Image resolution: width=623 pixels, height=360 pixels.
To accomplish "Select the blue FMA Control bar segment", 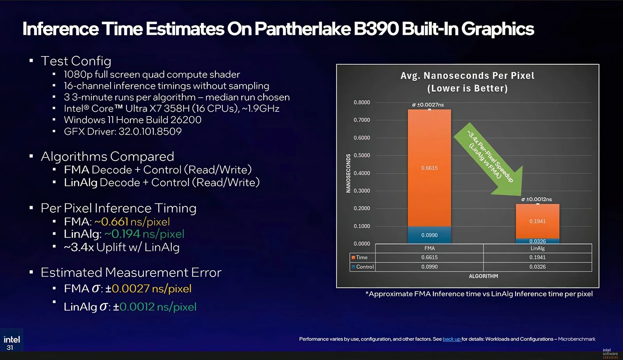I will click(429, 235).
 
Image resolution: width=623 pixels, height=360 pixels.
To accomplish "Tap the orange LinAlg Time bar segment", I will click(537, 221).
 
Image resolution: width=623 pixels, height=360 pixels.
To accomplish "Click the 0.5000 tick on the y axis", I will click(362, 155).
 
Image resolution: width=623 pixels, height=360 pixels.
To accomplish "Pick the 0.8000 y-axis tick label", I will click(362, 102).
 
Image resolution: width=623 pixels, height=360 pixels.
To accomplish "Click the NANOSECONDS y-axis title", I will click(348, 173).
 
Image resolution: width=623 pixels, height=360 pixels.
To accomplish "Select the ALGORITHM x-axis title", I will click(483, 276).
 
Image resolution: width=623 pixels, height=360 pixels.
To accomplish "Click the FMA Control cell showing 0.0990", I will click(429, 267).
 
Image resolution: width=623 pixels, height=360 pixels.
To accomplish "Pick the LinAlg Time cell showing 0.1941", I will click(537, 258).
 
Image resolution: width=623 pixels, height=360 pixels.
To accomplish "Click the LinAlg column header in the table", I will click(537, 248).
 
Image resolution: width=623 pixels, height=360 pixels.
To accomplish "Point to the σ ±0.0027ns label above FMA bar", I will click(428, 105).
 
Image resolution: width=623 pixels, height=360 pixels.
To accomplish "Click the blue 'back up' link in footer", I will click(452, 339).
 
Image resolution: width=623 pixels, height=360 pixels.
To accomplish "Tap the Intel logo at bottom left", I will click(12, 340).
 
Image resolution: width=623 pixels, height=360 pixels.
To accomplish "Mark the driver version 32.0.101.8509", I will click(150, 131).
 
